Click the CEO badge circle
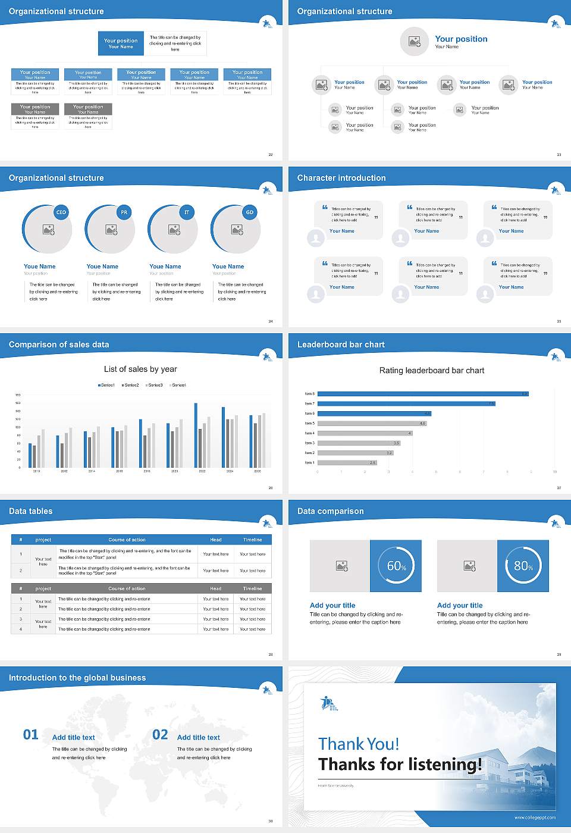61,212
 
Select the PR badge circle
124,212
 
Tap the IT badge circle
187,212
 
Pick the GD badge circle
250,212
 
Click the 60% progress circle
396,566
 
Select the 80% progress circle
523,566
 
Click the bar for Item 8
422,394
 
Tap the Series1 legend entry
106,385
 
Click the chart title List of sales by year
140,369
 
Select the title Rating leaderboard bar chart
431,370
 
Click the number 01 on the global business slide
30,735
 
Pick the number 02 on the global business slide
160,735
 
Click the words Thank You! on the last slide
359,744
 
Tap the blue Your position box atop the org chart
121,43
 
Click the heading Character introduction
341,178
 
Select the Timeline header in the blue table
252,540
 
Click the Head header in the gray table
215,588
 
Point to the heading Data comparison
330,511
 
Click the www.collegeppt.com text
535,818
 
